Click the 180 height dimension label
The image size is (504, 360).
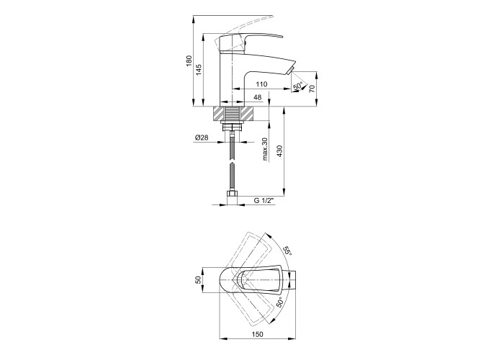(x=189, y=61)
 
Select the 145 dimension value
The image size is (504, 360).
(x=199, y=70)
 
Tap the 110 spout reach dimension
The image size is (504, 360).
(x=261, y=84)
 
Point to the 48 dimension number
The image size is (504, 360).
(x=258, y=97)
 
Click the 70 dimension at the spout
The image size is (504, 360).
(x=312, y=89)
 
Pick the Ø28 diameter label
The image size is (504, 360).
(x=202, y=138)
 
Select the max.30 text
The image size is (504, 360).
(x=265, y=149)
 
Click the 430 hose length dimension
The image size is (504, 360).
(x=279, y=150)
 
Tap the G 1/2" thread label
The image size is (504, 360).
(x=264, y=201)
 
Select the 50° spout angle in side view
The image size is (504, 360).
(x=298, y=86)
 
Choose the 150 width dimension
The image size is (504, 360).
(x=258, y=334)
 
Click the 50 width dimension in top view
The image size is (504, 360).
(x=198, y=280)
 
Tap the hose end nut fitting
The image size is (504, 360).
(x=232, y=194)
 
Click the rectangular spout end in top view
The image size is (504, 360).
(x=292, y=280)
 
